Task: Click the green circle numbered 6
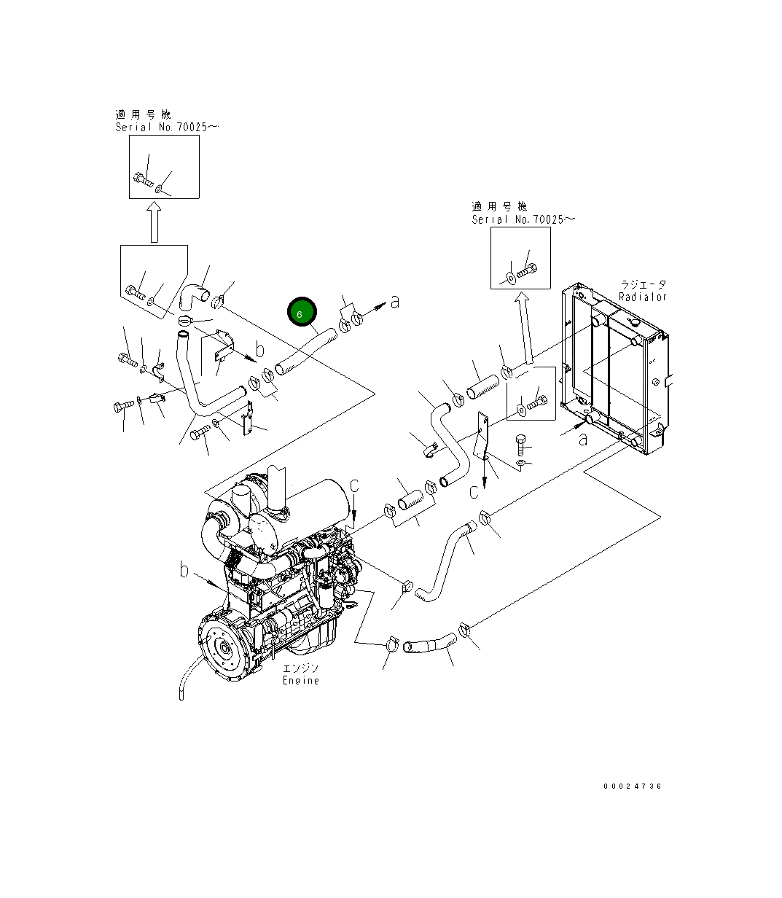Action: click(302, 312)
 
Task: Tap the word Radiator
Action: click(643, 297)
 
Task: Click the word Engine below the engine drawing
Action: click(300, 680)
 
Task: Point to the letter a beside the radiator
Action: click(583, 439)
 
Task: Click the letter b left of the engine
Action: click(184, 570)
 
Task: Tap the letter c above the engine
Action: click(354, 485)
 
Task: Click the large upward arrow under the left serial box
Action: click(154, 222)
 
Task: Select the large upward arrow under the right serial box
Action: click(525, 329)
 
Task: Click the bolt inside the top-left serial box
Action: click(143, 179)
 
